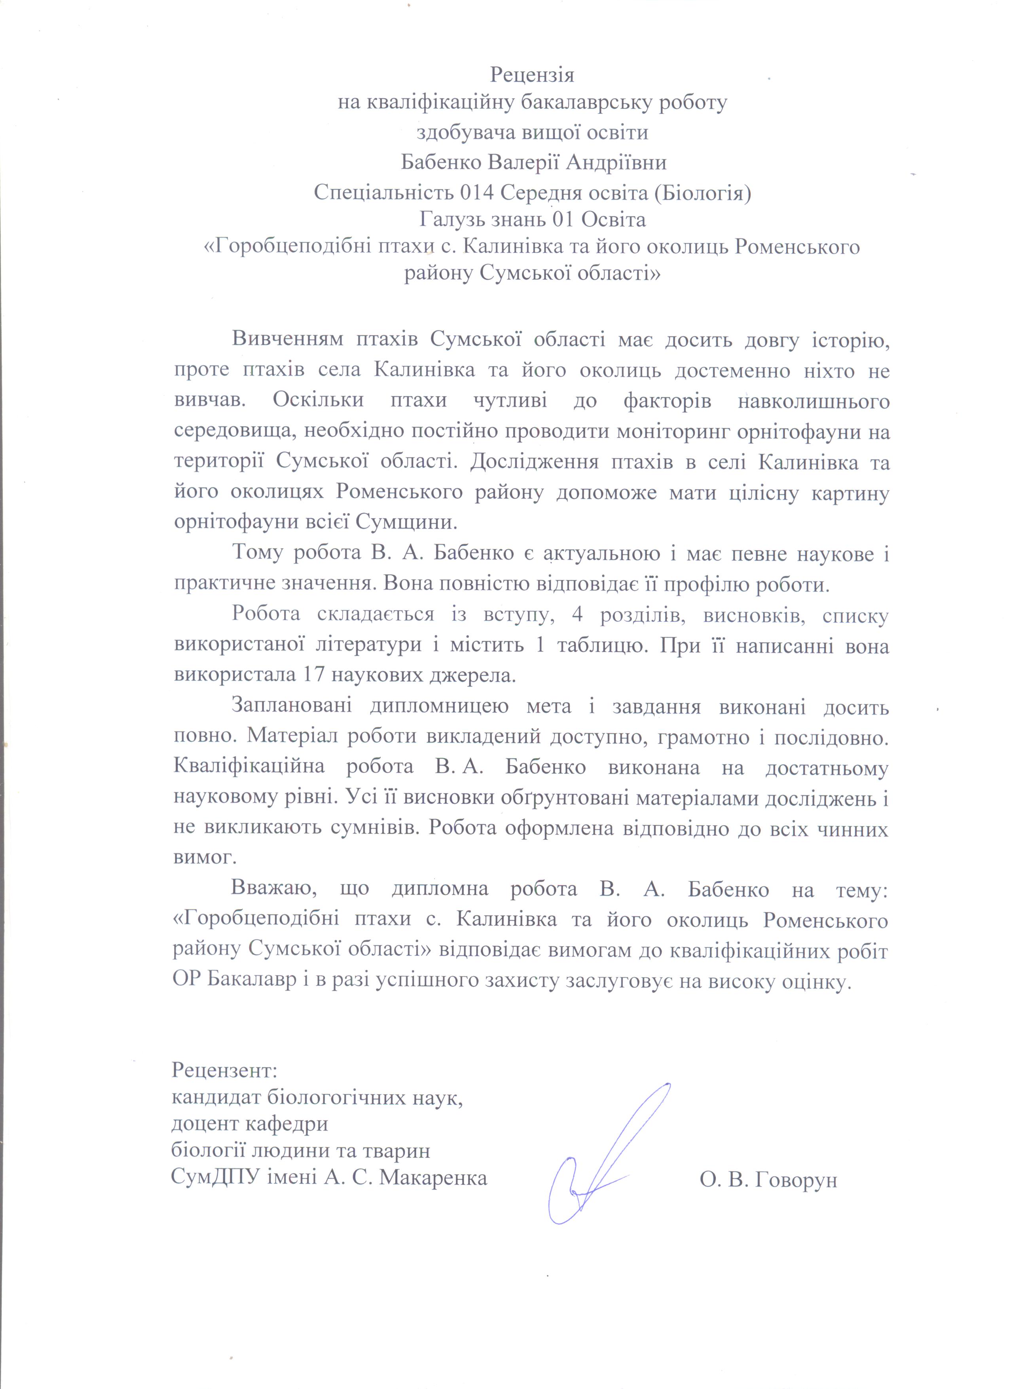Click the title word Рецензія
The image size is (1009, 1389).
pyautogui.click(x=532, y=75)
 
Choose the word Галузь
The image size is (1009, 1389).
pyautogui.click(x=451, y=219)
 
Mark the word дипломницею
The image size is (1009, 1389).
pyautogui.click(x=439, y=708)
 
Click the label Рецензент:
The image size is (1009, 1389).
pyautogui.click(x=225, y=1070)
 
